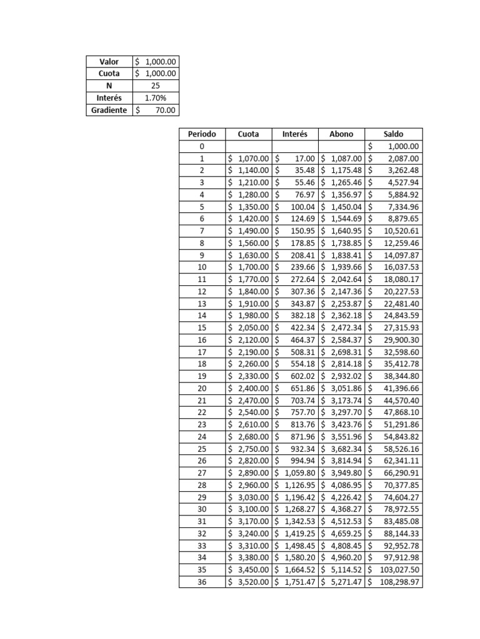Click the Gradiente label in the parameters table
109,110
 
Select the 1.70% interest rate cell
155,98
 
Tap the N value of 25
155,86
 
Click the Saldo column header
394,134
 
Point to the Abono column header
341,134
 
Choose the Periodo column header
202,134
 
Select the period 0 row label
202,147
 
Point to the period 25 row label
202,449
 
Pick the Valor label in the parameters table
109,62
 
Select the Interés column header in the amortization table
295,134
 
